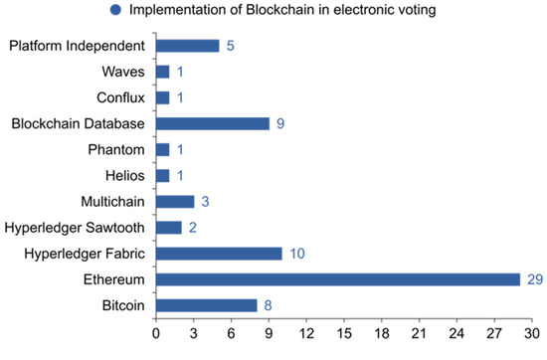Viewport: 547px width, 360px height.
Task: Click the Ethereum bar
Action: coord(338,279)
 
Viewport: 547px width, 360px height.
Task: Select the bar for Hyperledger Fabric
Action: coord(219,254)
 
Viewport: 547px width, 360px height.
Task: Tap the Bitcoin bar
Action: coord(206,305)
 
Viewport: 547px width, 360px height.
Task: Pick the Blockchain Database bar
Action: coord(213,123)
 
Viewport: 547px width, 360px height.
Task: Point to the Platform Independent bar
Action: coord(187,46)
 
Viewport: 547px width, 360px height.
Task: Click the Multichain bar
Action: coord(175,202)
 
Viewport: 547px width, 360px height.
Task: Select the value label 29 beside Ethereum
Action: coord(534,279)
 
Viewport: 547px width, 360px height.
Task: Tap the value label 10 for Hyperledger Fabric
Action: coord(297,254)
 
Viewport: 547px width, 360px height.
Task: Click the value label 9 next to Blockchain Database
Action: coord(280,123)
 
